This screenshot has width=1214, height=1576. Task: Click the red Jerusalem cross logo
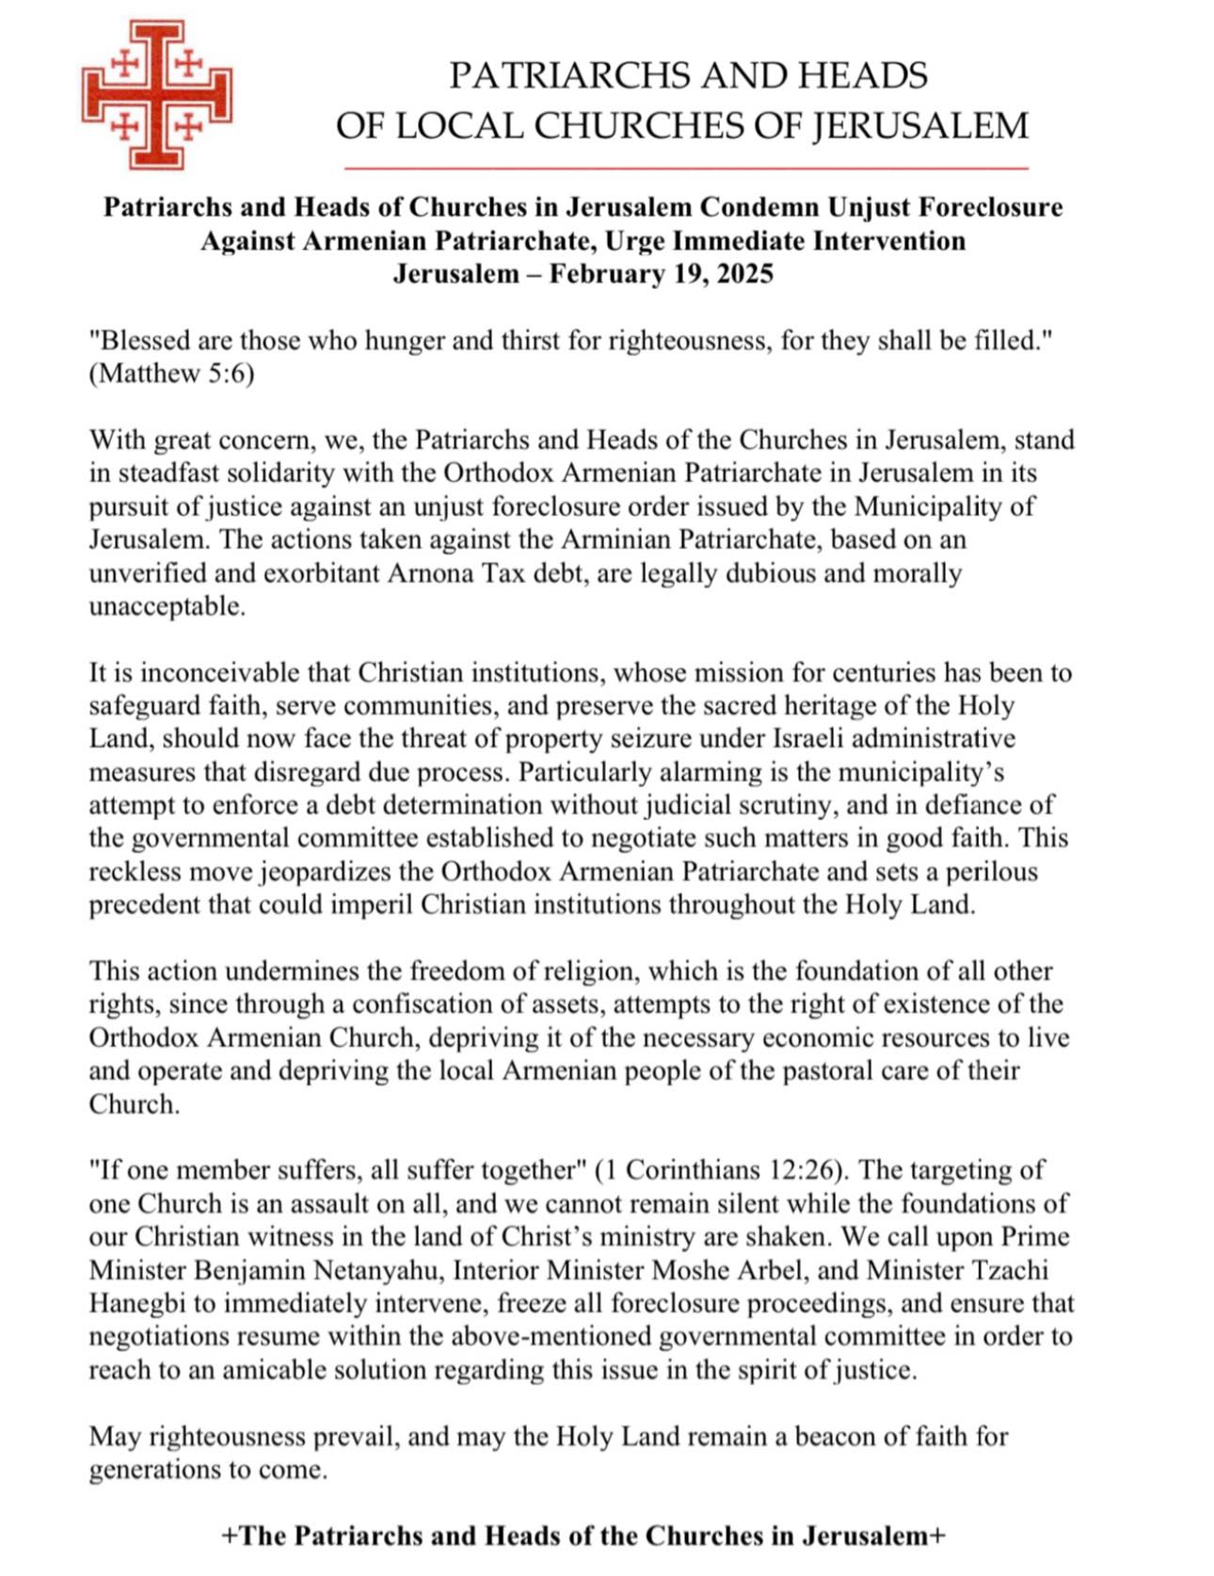pyautogui.click(x=156, y=95)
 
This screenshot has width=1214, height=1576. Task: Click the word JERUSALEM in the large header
pyautogui.click(x=920, y=126)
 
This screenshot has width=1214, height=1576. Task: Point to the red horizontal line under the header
pyautogui.click(x=686, y=169)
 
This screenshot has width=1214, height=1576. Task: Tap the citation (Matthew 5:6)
pyautogui.click(x=172, y=374)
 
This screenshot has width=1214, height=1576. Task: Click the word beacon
pyautogui.click(x=841, y=1437)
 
